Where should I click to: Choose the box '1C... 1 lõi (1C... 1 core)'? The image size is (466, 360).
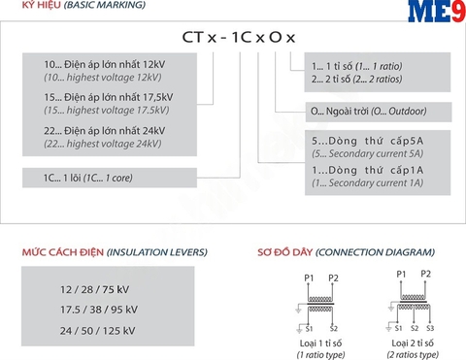[90, 178]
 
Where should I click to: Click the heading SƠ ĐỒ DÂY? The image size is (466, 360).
[282, 251]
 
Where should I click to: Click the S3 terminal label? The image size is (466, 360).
[429, 328]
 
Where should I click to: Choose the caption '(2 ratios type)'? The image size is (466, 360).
[412, 354]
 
